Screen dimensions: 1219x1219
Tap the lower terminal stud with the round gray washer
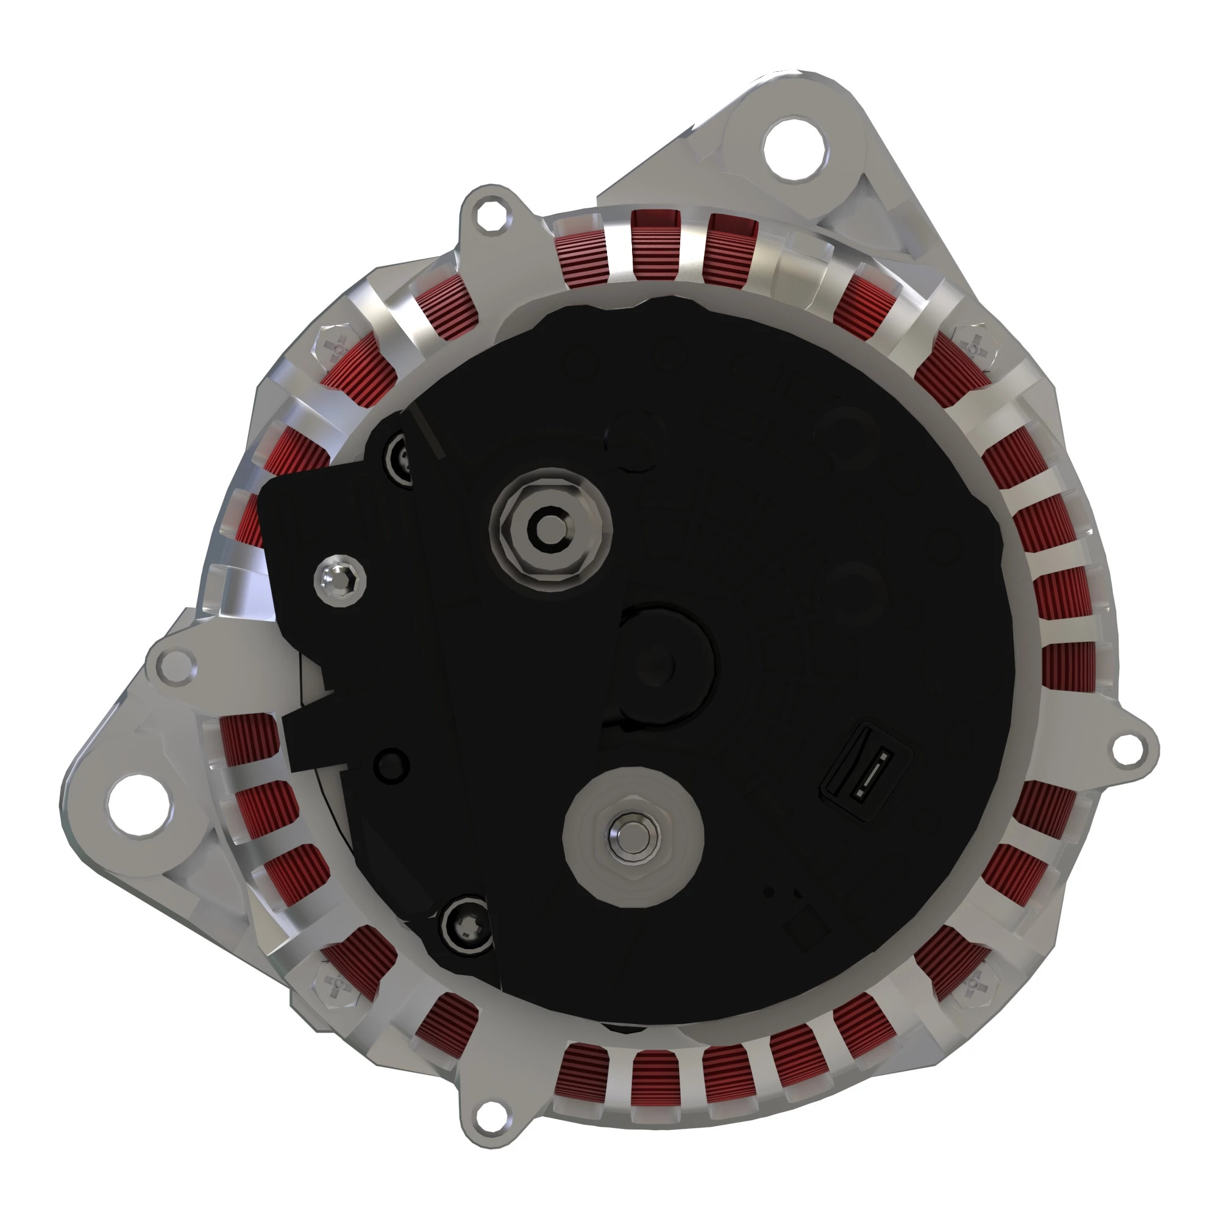632,836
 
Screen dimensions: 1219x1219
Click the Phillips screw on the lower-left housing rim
335,983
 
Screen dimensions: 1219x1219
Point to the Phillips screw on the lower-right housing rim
975,983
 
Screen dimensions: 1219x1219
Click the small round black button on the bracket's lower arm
391,766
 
